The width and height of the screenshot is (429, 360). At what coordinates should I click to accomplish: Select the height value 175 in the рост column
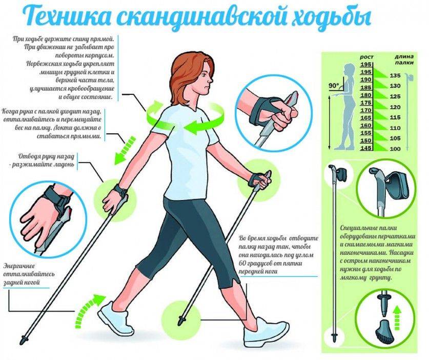[365, 110]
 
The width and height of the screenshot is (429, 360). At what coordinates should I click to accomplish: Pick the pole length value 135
[395, 75]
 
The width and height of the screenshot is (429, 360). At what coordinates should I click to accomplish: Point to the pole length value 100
[395, 148]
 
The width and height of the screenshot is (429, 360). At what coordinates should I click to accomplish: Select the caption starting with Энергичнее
[28, 273]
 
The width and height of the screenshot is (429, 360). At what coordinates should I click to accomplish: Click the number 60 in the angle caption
[243, 263]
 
